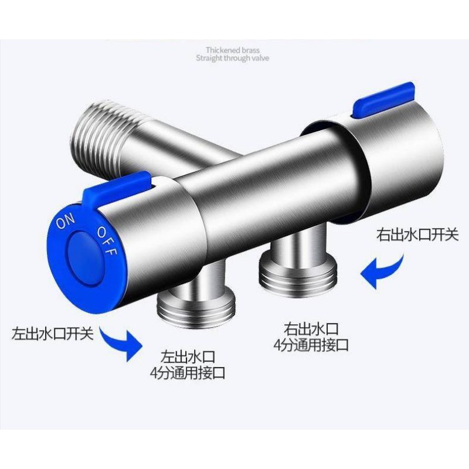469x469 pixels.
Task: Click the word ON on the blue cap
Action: [66, 221]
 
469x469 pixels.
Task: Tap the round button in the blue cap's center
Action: [86, 258]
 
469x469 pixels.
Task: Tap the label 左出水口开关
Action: [53, 333]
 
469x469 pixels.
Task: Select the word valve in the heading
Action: [260, 58]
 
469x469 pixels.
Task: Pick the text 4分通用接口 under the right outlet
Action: [311, 345]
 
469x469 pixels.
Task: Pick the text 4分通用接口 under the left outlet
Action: [188, 373]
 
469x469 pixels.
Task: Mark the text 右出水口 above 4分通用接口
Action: [311, 329]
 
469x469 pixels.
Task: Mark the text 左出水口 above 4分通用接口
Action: [188, 356]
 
